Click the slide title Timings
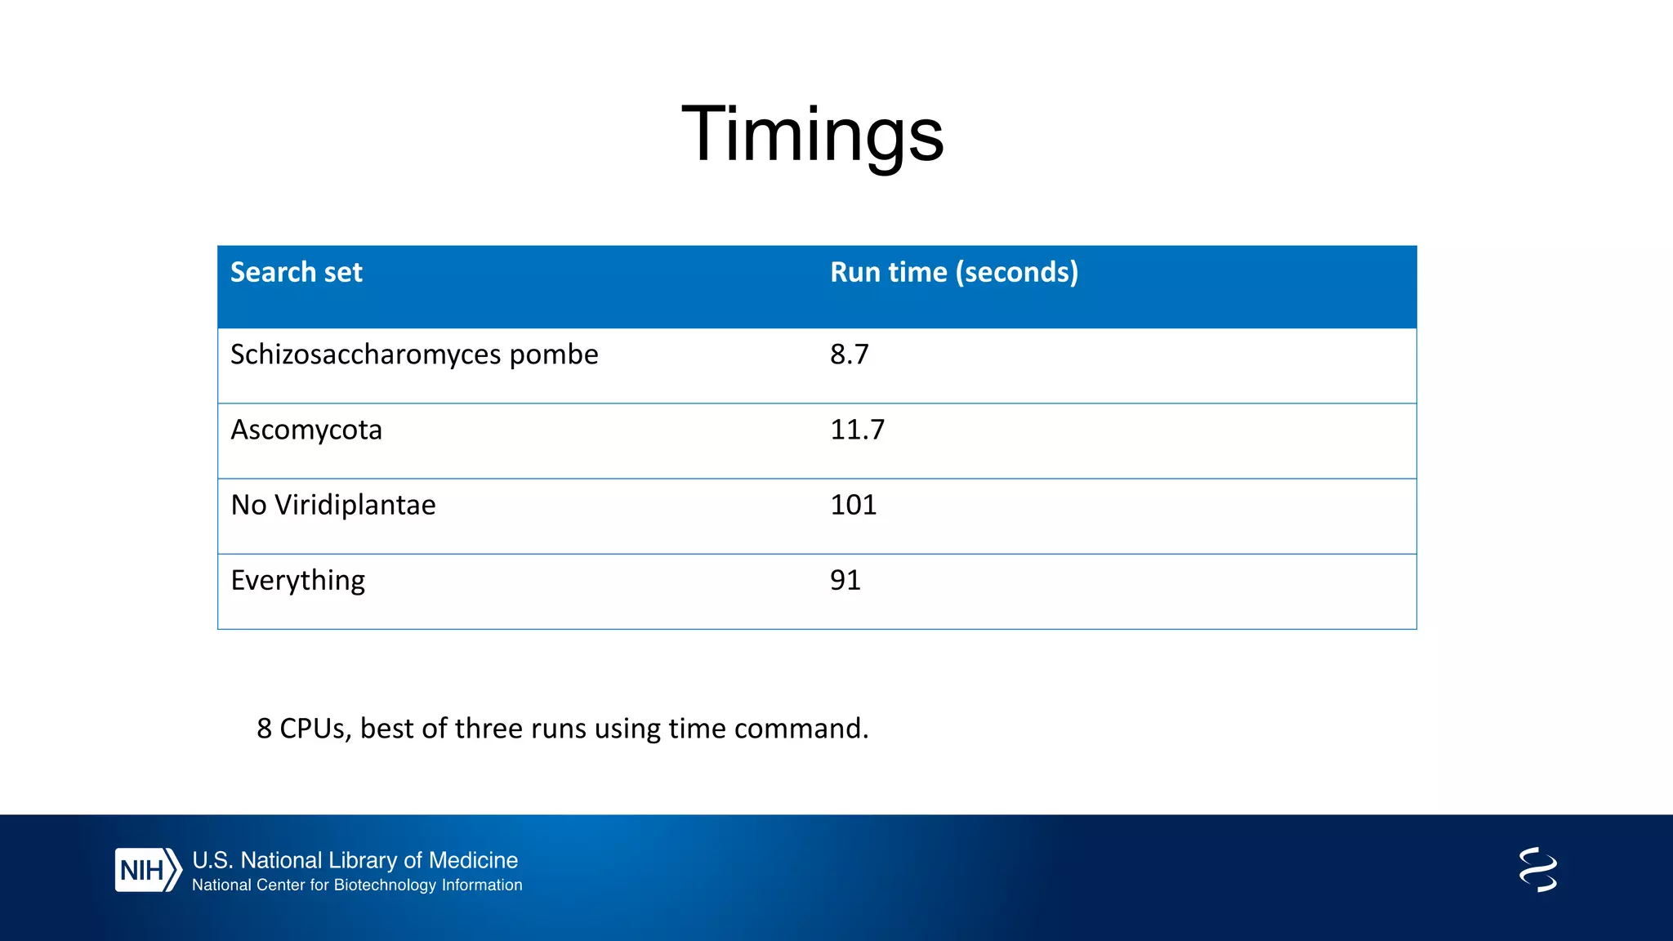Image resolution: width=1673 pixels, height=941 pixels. (x=812, y=135)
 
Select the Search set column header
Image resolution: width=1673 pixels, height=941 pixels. (x=296, y=272)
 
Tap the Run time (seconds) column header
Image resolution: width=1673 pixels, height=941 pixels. (x=953, y=272)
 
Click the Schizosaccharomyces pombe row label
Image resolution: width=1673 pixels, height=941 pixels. (x=413, y=355)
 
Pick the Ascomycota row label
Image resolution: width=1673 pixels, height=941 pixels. (x=306, y=430)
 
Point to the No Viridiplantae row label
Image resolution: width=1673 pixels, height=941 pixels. (x=332, y=505)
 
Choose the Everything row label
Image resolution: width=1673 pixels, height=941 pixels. (x=297, y=581)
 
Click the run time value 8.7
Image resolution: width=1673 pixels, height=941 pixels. (x=849, y=355)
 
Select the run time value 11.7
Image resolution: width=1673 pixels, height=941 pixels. (x=856, y=430)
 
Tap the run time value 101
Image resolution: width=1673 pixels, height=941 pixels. (x=853, y=505)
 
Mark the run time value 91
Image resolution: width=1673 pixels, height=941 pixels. (x=845, y=580)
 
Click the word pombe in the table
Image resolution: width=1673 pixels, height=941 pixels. (x=553, y=355)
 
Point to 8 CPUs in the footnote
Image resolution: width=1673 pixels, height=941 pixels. (x=303, y=729)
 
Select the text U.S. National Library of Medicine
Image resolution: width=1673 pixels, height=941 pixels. (x=355, y=860)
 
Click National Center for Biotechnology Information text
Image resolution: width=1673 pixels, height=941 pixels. (x=357, y=885)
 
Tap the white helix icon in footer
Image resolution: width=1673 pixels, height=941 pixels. (x=1537, y=869)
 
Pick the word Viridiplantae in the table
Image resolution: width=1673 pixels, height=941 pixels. (x=355, y=505)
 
